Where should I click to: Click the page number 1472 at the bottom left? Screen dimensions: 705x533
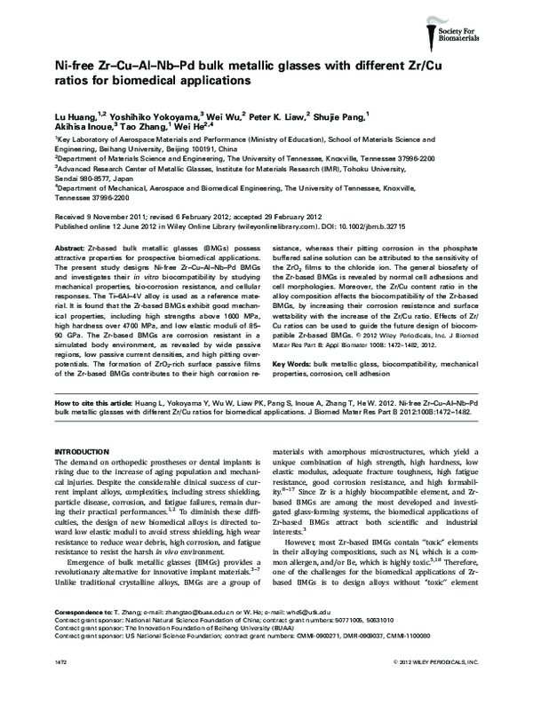(x=63, y=689)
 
